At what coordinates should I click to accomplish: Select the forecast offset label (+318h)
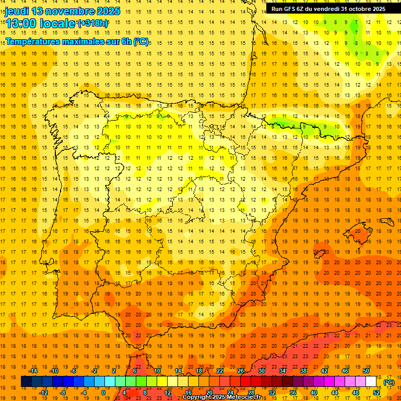(93, 23)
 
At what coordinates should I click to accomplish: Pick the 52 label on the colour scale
(376, 393)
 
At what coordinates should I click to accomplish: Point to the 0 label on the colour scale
(103, 393)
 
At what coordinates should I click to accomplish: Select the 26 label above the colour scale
(241, 371)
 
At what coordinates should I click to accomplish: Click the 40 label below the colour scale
(314, 393)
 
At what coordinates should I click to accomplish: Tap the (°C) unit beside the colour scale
(389, 382)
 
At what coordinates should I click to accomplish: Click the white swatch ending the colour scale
(371, 382)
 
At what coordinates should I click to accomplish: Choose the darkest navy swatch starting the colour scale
(26, 382)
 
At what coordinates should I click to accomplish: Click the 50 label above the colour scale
(366, 371)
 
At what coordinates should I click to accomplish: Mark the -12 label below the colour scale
(43, 393)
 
